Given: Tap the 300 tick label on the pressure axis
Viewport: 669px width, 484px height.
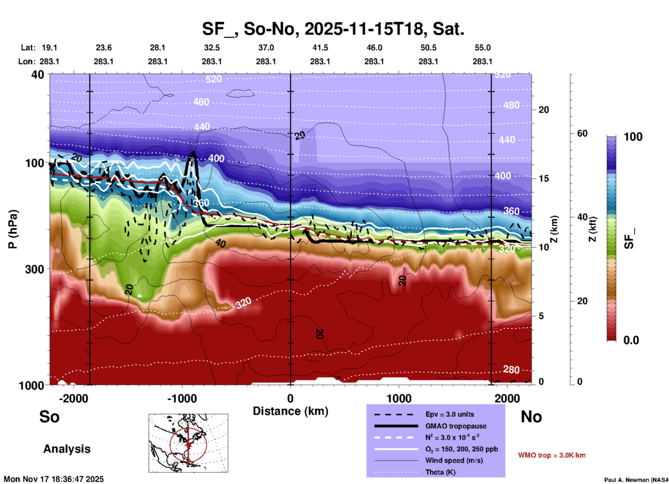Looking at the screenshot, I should pos(34,269).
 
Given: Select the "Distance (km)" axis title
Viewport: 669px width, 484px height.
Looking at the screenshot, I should pos(290,411).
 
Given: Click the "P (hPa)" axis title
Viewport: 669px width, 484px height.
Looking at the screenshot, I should pos(13,229).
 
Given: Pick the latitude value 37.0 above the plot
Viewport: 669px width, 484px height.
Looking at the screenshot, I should pos(266,48).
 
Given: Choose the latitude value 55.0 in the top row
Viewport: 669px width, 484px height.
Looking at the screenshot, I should pos(482,48).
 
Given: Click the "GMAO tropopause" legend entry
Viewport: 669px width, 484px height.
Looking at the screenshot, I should pos(456,426).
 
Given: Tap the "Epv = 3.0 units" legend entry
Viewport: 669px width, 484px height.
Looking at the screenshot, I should pos(449,414).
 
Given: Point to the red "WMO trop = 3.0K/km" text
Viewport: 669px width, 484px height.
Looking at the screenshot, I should pos(552,455).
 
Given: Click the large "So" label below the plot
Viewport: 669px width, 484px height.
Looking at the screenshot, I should pos(49,417).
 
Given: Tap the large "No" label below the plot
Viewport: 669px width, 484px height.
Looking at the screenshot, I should pos(531,417).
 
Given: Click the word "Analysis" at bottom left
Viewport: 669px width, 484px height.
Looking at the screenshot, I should pos(67,449).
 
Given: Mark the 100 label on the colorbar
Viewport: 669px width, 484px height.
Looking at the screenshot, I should pos(633,137).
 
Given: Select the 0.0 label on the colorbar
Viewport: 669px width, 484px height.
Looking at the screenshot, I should pos(631,340).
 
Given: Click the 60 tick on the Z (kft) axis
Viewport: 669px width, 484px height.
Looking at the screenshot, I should pos(582,133).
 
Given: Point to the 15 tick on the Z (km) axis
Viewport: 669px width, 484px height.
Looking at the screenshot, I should pos(544,178).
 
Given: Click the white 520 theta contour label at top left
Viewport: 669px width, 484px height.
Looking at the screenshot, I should pos(213,79).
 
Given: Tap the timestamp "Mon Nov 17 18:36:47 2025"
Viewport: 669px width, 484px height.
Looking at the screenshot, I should pos(54,479).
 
